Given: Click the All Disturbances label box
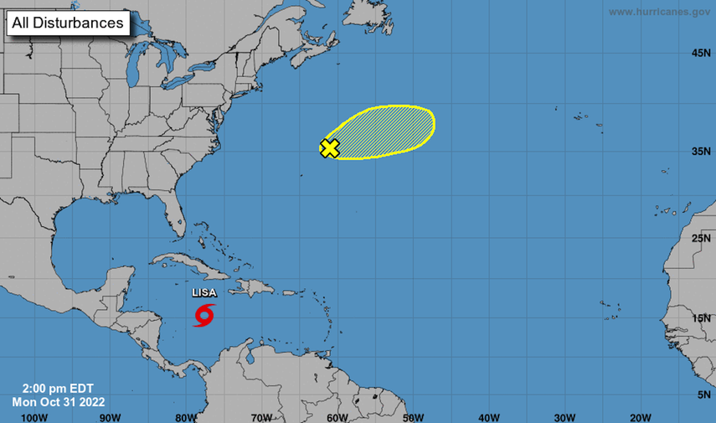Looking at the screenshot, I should click(x=68, y=23).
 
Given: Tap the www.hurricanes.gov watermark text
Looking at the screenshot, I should click(x=659, y=12).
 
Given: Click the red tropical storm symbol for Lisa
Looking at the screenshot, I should click(x=204, y=316).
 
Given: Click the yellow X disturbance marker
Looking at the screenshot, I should click(x=330, y=149).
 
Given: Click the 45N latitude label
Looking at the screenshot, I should click(x=701, y=54).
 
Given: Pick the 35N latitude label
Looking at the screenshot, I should click(x=701, y=152).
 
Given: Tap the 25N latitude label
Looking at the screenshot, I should click(x=701, y=240).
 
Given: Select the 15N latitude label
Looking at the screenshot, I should click(x=701, y=318).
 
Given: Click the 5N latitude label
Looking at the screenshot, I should click(x=703, y=394).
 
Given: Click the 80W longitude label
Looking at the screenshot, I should click(x=186, y=416).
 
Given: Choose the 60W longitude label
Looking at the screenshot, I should click(x=337, y=416).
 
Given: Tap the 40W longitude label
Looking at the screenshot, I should click(x=489, y=416).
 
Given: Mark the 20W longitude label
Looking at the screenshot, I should click(x=641, y=416).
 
